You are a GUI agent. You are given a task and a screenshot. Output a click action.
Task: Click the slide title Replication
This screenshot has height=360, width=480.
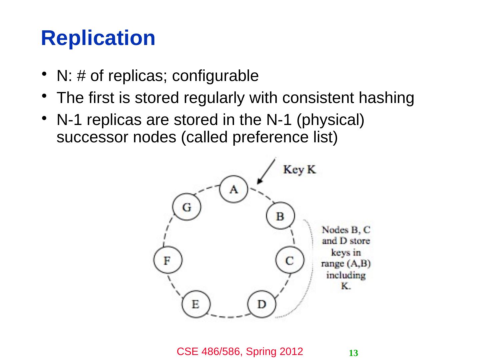pyautogui.click(x=98, y=38)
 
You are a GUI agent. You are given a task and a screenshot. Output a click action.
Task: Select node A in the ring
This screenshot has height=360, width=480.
pyautogui.click(x=234, y=189)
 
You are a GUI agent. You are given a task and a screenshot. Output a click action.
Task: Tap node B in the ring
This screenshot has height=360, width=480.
pyautogui.click(x=280, y=216)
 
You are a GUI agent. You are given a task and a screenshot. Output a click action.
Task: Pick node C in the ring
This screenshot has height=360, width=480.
pyautogui.click(x=290, y=260)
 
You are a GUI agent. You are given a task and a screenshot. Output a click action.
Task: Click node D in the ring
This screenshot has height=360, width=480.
pyautogui.click(x=262, y=304)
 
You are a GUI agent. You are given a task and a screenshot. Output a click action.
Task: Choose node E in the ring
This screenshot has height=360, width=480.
pyautogui.click(x=196, y=304)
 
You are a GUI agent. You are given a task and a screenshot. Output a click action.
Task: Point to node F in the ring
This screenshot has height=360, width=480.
pyautogui.click(x=168, y=260)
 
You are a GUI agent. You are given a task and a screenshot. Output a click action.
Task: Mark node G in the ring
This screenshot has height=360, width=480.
pyautogui.click(x=187, y=207)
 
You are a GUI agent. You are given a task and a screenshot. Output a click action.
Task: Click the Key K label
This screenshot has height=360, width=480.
pyautogui.click(x=299, y=170)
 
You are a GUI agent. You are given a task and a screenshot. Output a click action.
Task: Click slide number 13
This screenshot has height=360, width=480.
pyautogui.click(x=353, y=353)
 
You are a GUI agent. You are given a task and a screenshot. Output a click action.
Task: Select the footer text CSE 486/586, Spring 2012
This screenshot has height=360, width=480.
pyautogui.click(x=240, y=351)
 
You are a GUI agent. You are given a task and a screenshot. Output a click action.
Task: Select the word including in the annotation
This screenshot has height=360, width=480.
pyautogui.click(x=346, y=275)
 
